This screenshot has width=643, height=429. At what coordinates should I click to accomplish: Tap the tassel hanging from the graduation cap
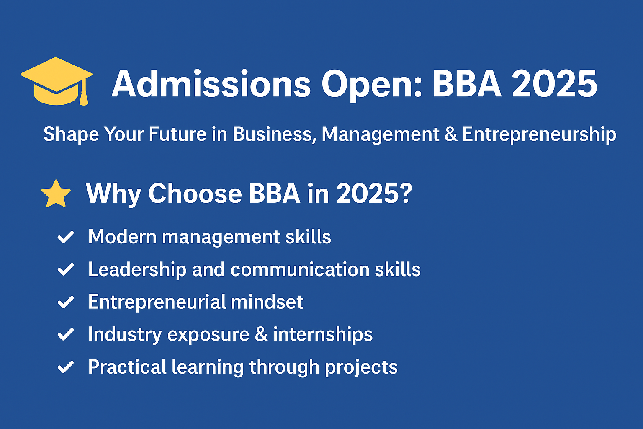[x=84, y=97]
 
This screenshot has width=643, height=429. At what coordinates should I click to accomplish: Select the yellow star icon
[x=56, y=194]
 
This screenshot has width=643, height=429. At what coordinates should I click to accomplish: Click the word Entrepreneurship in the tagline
[x=539, y=134]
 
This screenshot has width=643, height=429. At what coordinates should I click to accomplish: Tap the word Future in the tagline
[x=177, y=134]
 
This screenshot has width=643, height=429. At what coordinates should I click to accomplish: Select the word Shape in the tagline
[x=71, y=134]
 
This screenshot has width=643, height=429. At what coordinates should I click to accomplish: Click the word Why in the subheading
[x=113, y=194]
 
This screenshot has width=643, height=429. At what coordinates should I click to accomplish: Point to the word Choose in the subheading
[x=195, y=194]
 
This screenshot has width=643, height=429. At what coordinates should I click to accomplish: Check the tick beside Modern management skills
[x=66, y=237]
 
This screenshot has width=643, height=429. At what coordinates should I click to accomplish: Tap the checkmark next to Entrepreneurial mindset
[x=66, y=302]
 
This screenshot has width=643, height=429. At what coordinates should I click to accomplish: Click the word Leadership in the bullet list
[x=137, y=270]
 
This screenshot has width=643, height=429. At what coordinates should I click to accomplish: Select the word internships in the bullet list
[x=323, y=335]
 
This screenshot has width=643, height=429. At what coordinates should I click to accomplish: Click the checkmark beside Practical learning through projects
[x=66, y=367]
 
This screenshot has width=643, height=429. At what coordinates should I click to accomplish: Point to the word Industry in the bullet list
[x=125, y=335]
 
